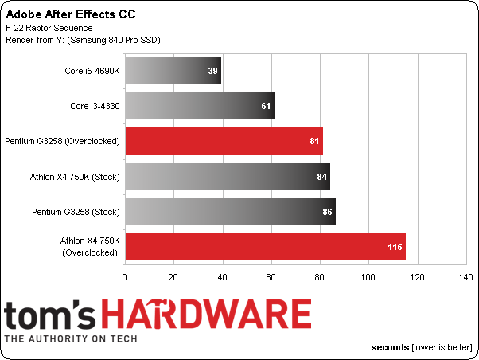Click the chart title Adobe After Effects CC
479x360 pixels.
click(x=71, y=14)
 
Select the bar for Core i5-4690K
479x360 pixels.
click(x=173, y=71)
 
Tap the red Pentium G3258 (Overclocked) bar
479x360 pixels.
click(x=224, y=141)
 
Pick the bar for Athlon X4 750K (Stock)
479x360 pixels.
click(x=228, y=177)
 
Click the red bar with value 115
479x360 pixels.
click(x=266, y=247)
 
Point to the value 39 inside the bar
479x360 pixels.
click(x=212, y=71)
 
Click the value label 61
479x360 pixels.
click(x=266, y=106)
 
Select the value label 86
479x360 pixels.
click(x=327, y=212)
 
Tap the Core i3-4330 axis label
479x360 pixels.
click(x=95, y=106)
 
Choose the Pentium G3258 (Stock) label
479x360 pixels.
click(x=76, y=212)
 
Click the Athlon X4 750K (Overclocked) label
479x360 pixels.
click(x=90, y=247)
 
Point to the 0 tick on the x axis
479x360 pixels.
click(x=124, y=277)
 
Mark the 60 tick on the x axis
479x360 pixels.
click(x=271, y=277)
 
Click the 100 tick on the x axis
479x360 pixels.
click(x=368, y=277)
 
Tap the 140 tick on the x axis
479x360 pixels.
click(x=465, y=277)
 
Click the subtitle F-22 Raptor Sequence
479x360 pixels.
click(x=49, y=28)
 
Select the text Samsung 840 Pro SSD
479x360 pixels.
click(x=114, y=40)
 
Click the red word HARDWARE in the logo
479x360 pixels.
click(x=206, y=314)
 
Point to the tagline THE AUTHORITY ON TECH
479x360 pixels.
click(x=71, y=339)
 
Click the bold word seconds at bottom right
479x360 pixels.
click(x=390, y=347)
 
